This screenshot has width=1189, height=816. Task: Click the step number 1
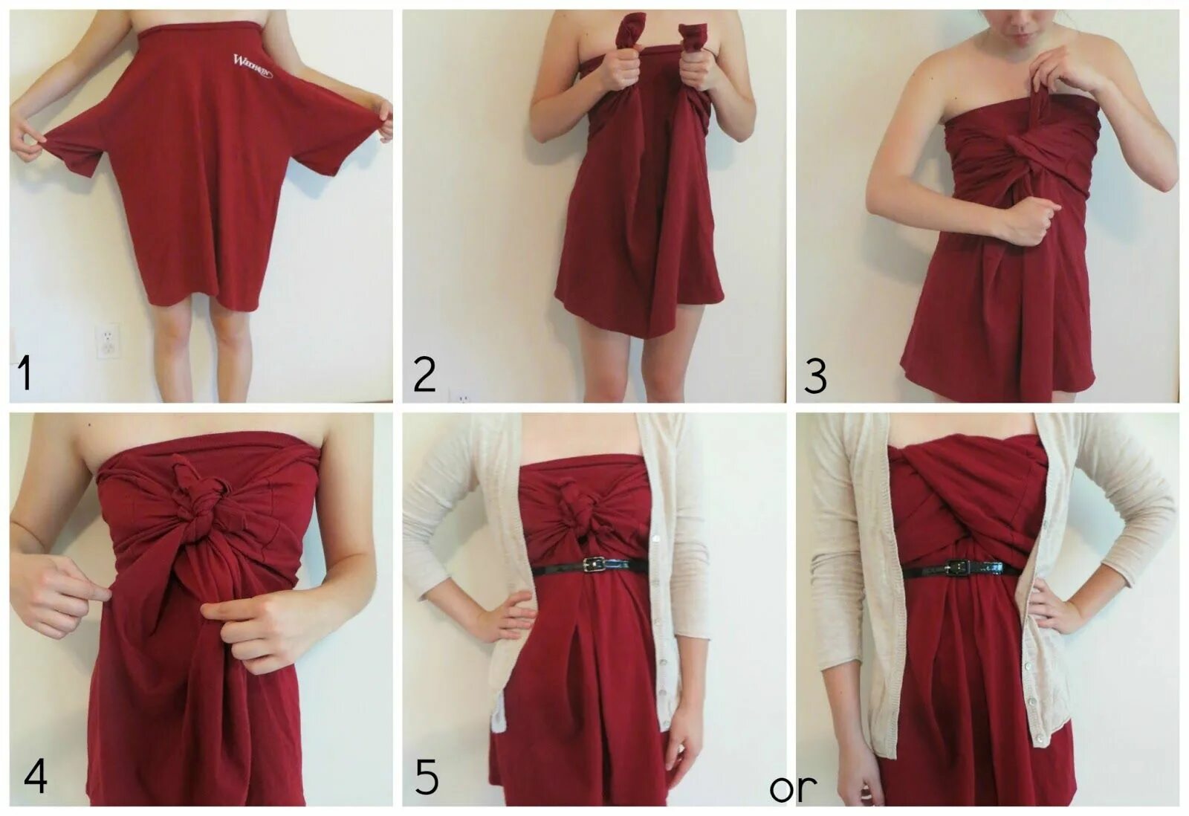25,374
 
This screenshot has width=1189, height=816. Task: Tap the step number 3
815,377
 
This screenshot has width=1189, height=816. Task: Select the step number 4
36,777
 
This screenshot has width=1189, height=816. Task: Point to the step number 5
427,778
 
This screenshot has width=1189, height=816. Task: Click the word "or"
793,788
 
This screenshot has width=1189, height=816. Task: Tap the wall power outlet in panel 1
108,341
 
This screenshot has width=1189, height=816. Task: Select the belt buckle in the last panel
959,569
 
